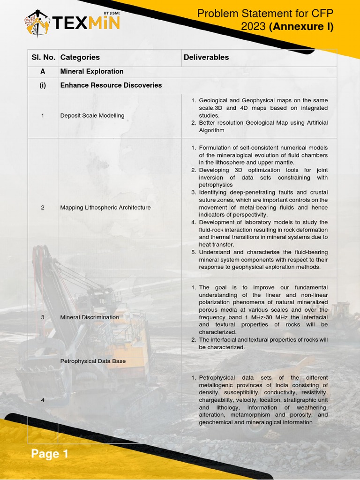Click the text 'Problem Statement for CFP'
point(265,14)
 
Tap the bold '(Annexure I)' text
point(301,27)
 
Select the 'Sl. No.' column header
point(43,57)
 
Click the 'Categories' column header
point(80,57)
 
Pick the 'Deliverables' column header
point(206,57)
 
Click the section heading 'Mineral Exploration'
point(92,71)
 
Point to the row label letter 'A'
point(43,71)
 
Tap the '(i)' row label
point(43,85)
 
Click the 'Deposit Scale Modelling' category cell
point(92,115)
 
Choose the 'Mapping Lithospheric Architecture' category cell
point(105,207)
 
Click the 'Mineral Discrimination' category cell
point(90,317)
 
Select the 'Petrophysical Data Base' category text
point(93,361)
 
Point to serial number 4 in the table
point(43,400)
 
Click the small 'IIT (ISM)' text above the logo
point(111,14)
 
